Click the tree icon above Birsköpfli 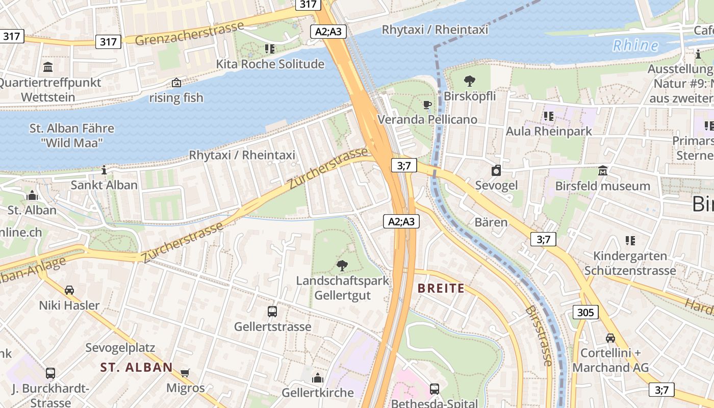[469, 81]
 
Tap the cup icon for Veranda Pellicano [427, 105]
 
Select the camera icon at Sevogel [496, 170]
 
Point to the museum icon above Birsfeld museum [602, 171]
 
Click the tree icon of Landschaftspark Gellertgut [342, 265]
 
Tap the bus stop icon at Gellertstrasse [272, 311]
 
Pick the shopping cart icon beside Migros [185, 373]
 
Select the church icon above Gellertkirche [318, 377]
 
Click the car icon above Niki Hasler [69, 290]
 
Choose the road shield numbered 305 [585, 312]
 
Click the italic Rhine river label [635, 45]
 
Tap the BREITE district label [441, 288]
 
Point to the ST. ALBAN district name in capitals [136, 367]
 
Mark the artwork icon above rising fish [176, 82]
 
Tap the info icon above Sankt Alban [104, 169]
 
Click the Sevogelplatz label [120, 348]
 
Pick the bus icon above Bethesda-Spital [434, 389]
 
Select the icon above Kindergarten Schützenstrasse [630, 240]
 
